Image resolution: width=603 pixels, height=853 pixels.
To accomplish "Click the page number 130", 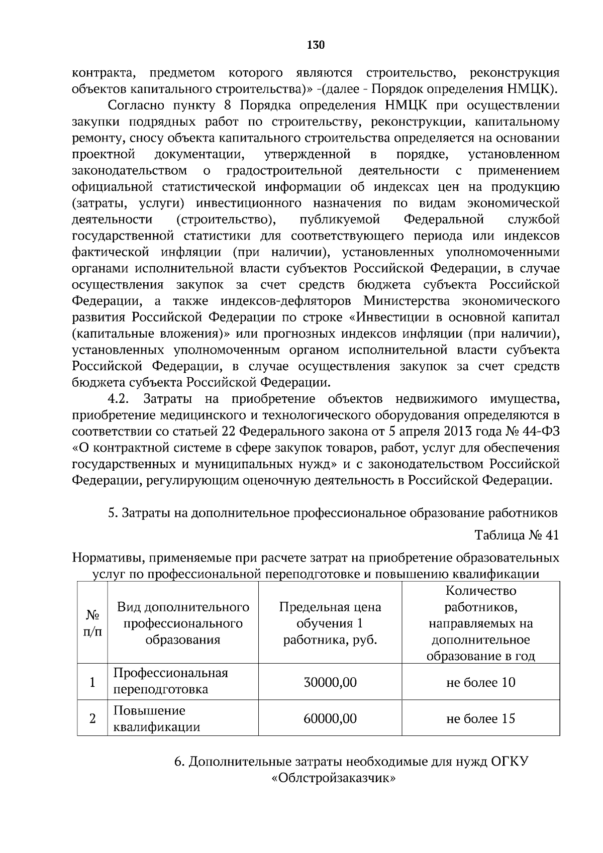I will coord(316,45).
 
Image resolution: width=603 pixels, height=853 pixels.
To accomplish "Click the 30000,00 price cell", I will coord(330,682).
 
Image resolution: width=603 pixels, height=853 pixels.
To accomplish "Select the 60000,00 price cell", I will coord(330,718).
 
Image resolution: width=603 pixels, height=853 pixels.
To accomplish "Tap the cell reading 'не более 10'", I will coord(480,682).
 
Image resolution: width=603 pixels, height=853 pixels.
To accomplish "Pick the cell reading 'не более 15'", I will coord(480,718).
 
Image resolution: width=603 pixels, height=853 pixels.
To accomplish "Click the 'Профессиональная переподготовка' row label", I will coord(171,681).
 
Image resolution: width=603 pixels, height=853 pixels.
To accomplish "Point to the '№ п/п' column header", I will coord(92,623).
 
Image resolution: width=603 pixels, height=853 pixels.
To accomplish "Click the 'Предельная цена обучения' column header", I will coord(330,623).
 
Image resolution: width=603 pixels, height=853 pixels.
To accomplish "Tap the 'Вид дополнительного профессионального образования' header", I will coord(183,623).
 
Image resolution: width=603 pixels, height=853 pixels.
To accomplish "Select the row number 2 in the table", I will coord(92,719).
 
